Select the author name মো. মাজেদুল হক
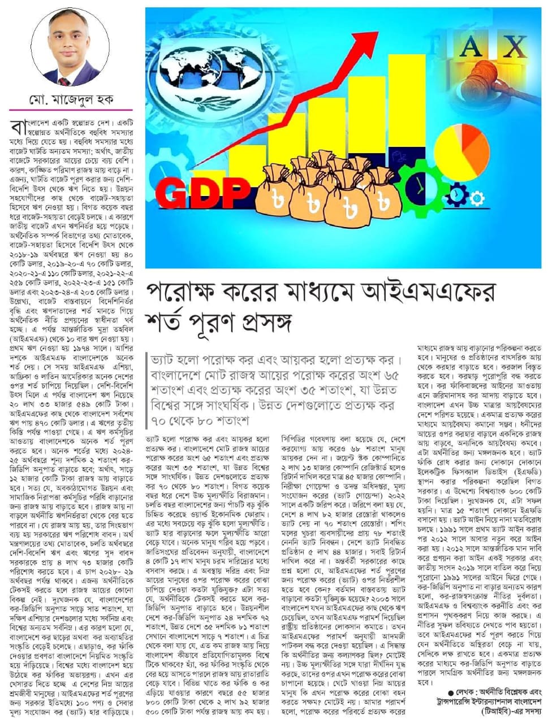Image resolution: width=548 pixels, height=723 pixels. click(x=71, y=100)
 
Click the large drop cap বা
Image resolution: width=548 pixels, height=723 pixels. click(x=18, y=127)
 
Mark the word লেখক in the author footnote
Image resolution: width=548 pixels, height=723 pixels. click(x=467, y=692)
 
